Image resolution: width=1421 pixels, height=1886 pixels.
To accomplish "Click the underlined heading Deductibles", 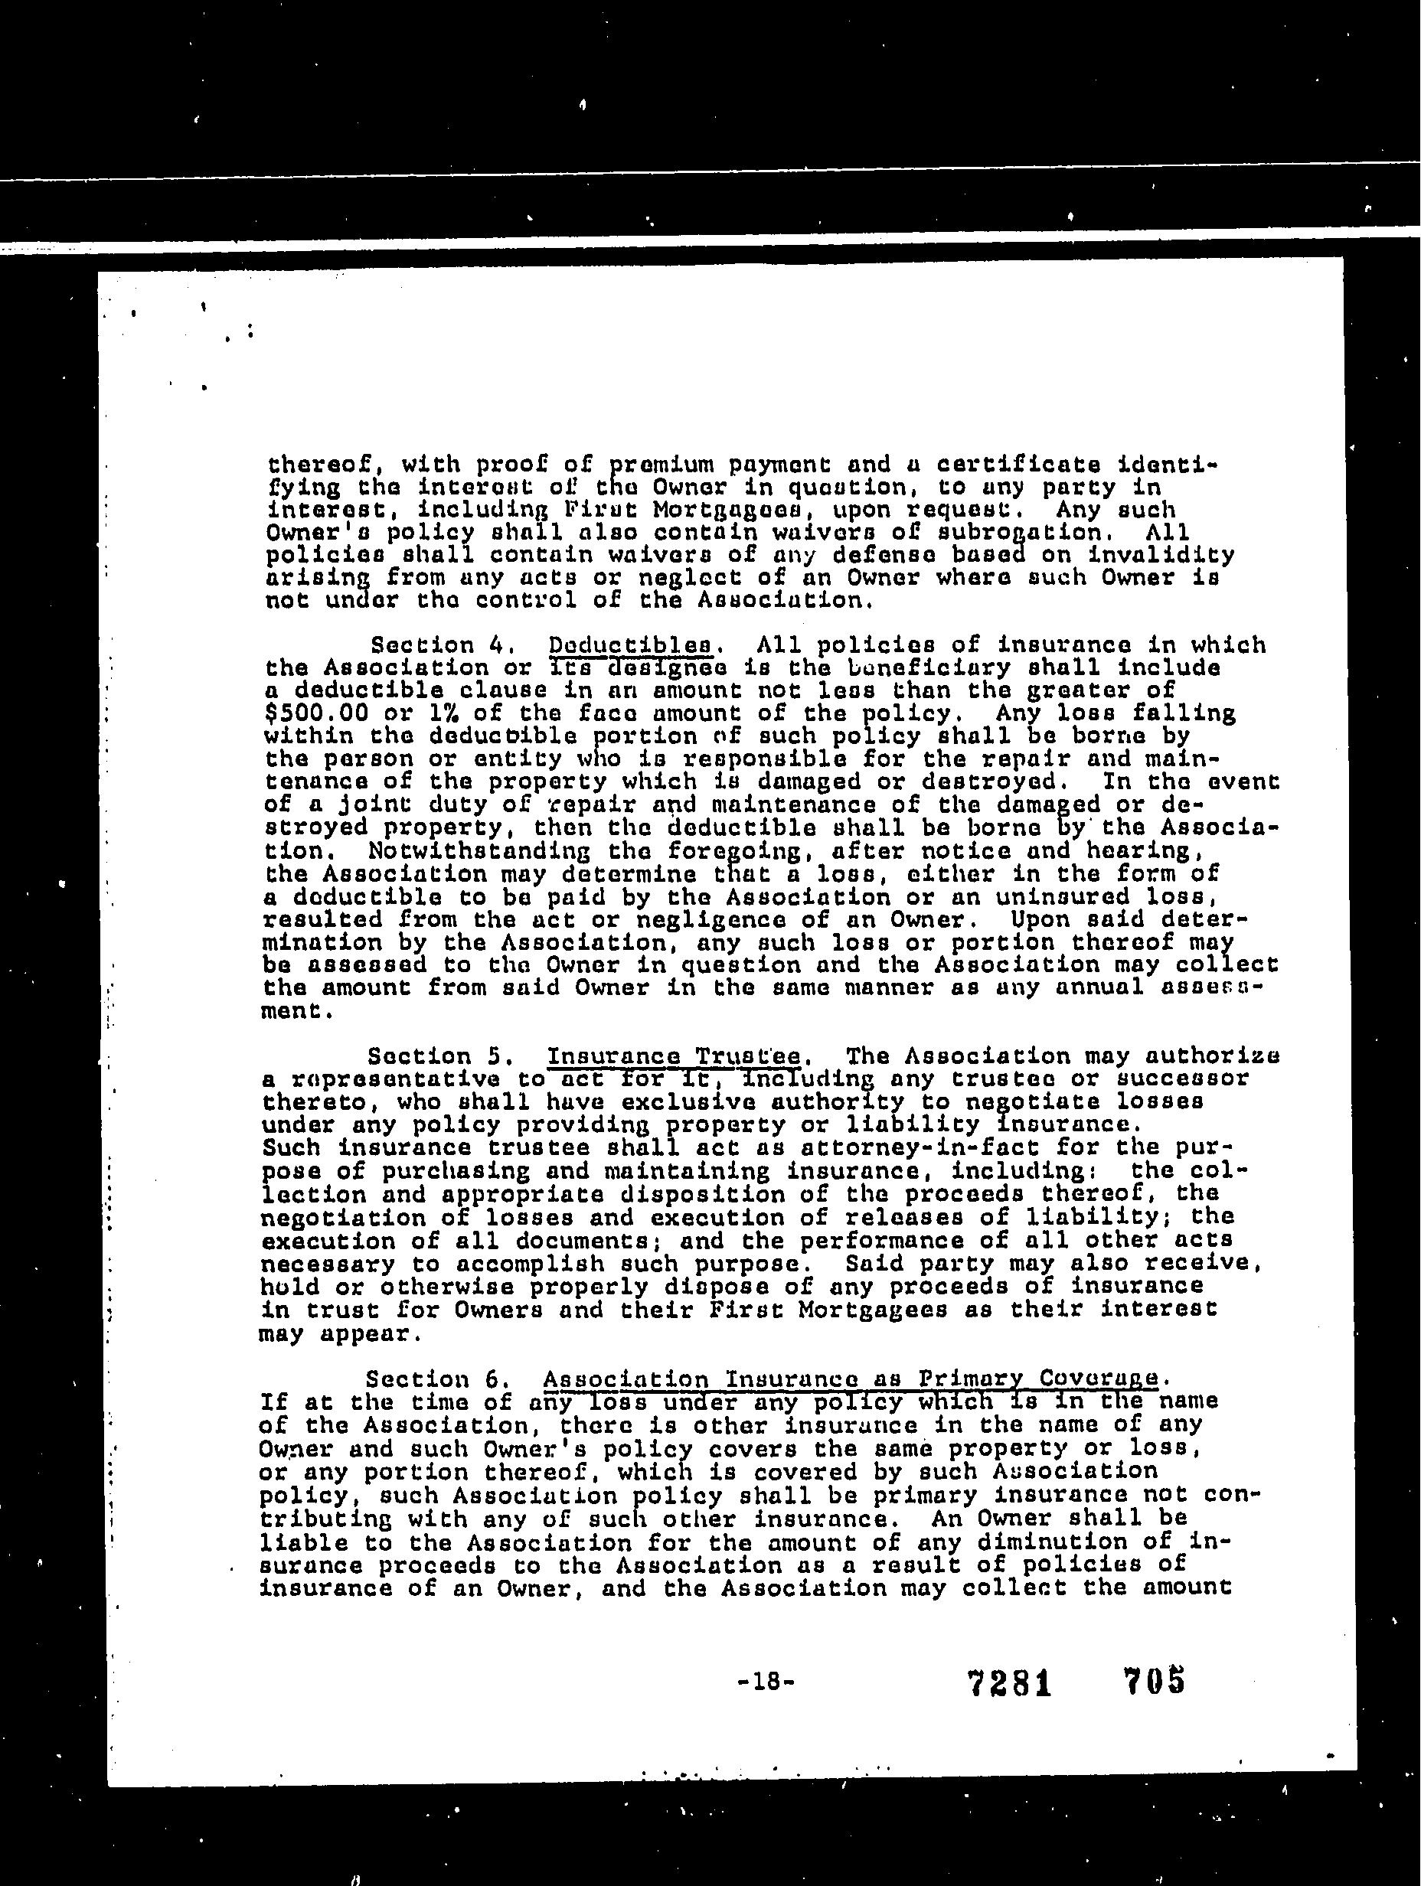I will point(629,645).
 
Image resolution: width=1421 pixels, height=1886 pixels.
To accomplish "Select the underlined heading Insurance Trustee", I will point(673,1056).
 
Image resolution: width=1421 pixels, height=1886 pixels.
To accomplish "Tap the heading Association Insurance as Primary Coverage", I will point(851,1379).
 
